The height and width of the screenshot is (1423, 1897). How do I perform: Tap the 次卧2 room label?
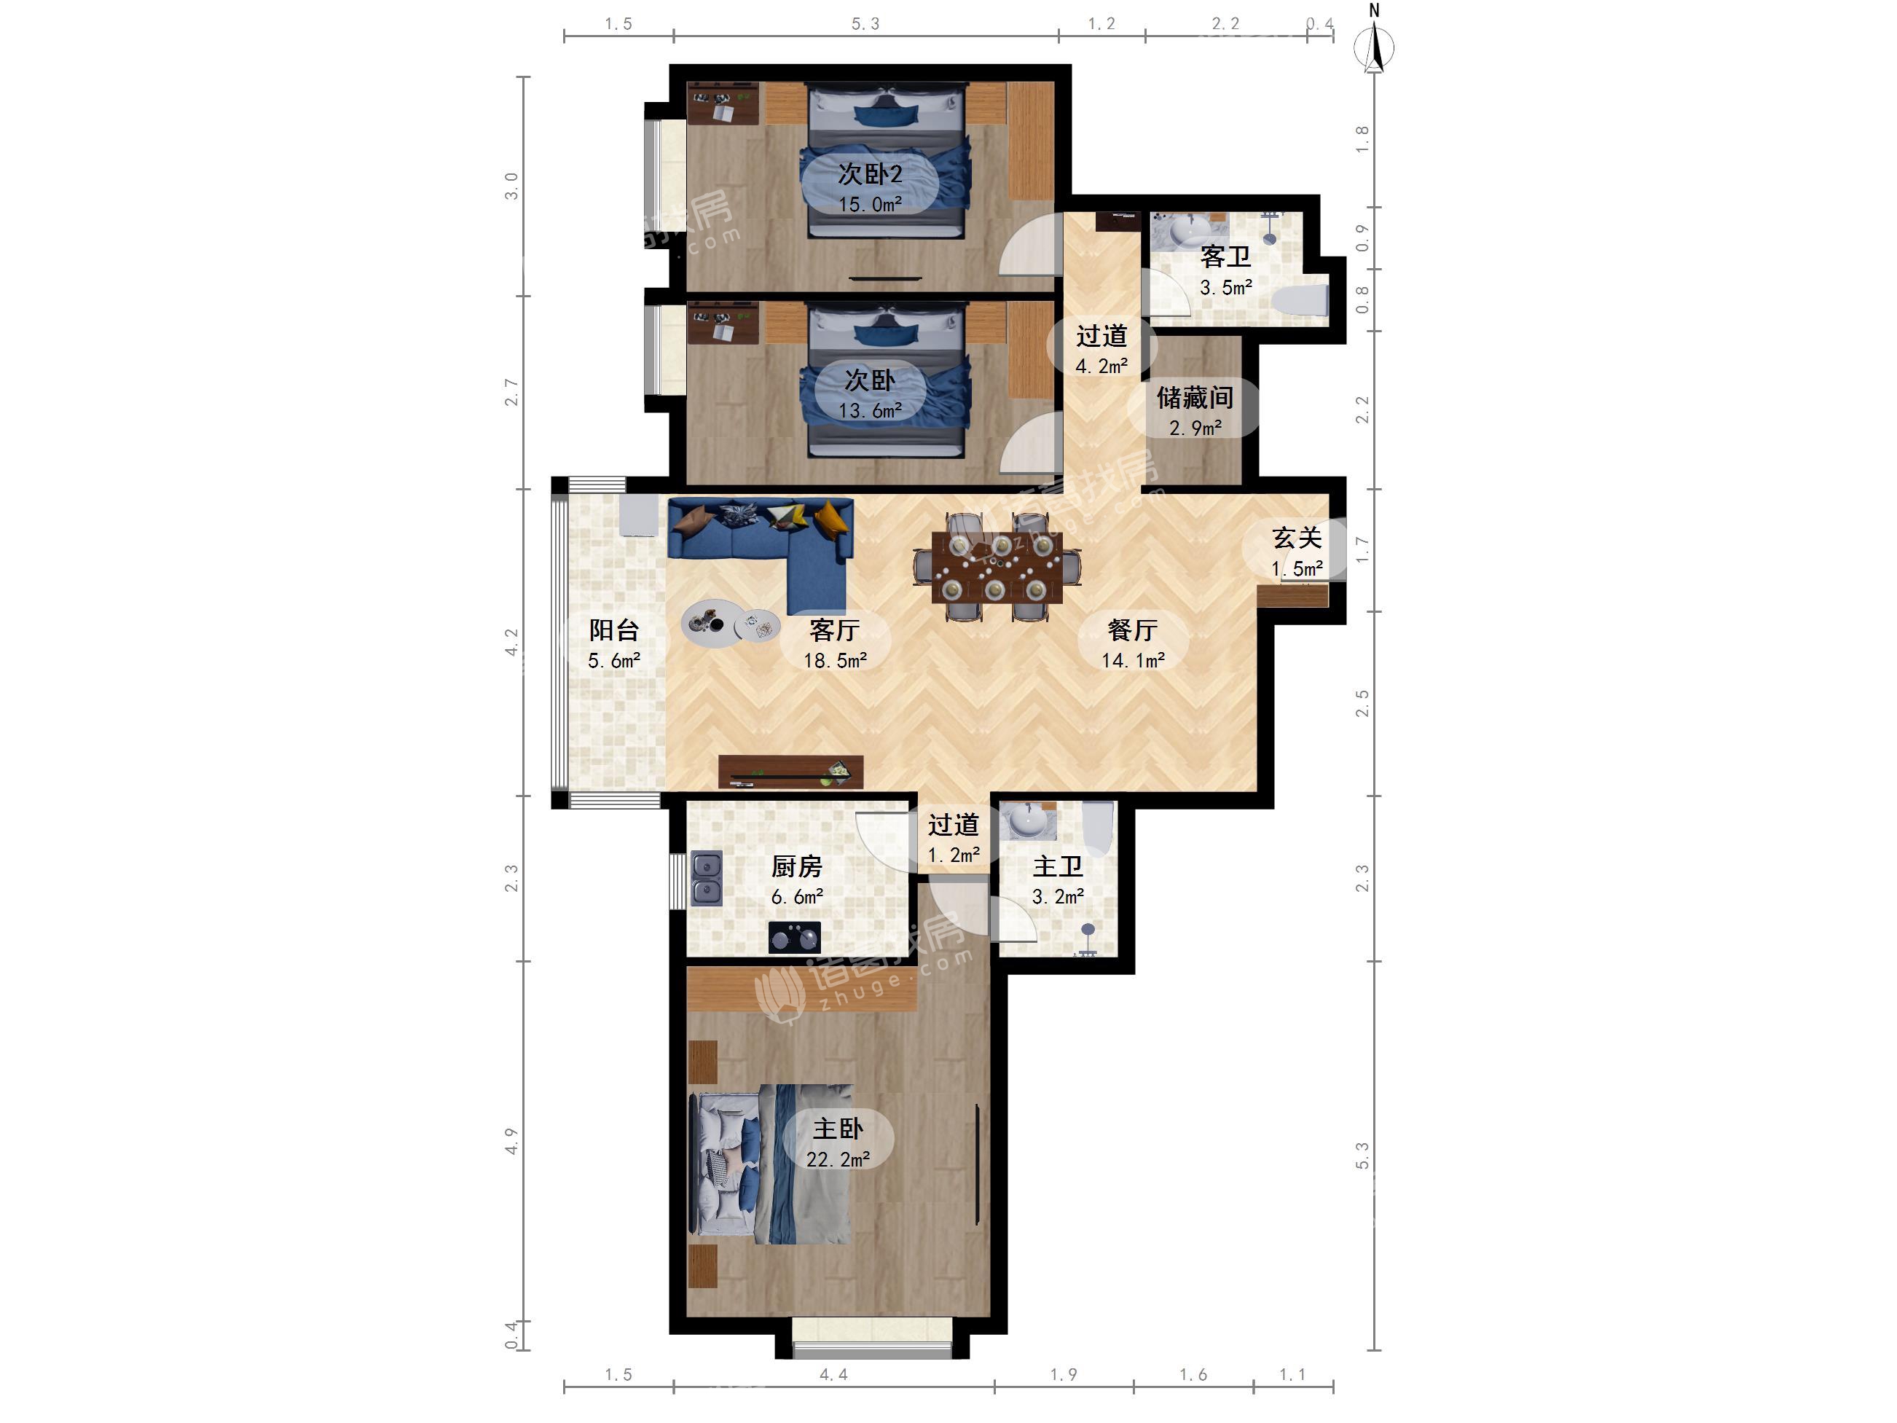point(870,174)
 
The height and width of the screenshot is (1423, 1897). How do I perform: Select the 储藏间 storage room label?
point(1195,397)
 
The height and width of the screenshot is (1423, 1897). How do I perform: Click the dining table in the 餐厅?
point(997,567)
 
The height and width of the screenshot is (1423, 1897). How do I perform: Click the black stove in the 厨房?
point(794,938)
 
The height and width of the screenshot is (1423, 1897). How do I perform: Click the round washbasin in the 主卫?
point(1027,821)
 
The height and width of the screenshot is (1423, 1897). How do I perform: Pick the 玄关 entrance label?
point(1297,538)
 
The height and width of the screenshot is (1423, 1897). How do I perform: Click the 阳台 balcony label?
point(614,630)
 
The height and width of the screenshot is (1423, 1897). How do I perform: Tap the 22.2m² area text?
point(838,1160)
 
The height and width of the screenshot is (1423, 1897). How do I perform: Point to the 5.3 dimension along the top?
point(865,24)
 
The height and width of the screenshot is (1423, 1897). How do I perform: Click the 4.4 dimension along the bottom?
point(833,1375)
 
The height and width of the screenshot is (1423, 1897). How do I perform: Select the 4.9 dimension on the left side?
point(511,1141)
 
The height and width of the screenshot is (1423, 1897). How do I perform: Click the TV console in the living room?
point(790,772)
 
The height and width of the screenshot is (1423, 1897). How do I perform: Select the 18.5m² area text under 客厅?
point(834,659)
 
